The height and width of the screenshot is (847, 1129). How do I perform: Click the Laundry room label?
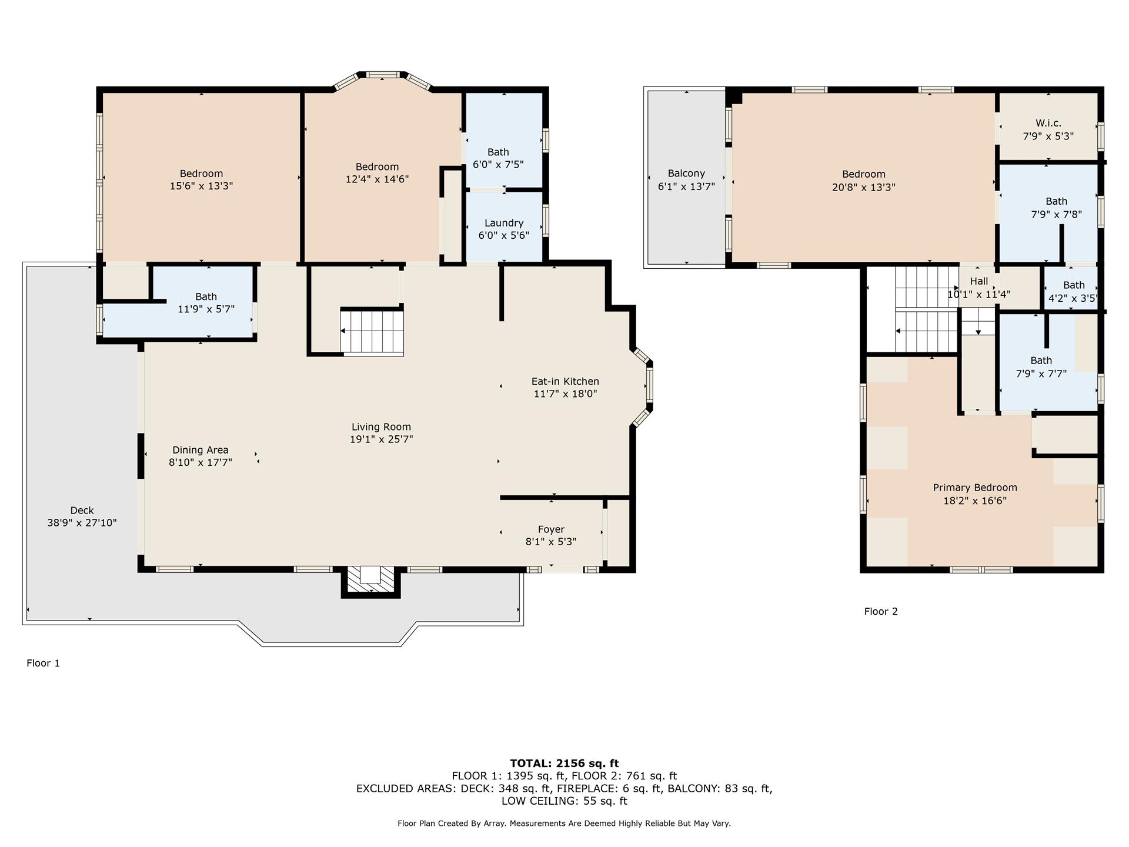point(504,223)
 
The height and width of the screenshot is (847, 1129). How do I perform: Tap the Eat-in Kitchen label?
point(565,381)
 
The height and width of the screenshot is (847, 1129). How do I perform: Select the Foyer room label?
point(551,529)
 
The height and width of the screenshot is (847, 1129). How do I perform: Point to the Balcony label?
point(686,174)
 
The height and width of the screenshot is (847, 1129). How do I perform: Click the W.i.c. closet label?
point(1048,124)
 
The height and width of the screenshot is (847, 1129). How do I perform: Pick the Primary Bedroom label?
point(975,488)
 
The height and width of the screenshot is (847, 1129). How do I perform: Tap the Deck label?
point(82,511)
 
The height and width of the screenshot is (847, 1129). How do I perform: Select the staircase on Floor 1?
point(372,332)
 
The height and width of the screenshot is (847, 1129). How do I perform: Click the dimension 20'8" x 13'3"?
point(863,187)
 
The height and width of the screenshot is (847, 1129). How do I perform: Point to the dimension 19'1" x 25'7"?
point(381,439)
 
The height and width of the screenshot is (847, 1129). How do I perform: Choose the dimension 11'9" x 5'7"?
point(206,309)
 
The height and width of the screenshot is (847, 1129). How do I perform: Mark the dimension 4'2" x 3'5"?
point(1073,298)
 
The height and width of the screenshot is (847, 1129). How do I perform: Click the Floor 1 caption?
point(43,663)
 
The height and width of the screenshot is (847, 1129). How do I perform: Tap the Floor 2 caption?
point(881,611)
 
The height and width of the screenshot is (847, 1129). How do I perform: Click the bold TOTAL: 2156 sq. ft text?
point(564,763)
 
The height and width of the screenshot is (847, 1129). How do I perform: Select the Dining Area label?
point(200,450)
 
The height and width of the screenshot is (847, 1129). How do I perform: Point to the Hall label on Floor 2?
point(979,281)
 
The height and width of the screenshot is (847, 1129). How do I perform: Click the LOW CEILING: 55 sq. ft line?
point(564,801)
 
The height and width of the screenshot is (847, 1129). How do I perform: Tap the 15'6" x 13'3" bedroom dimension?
point(201,186)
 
